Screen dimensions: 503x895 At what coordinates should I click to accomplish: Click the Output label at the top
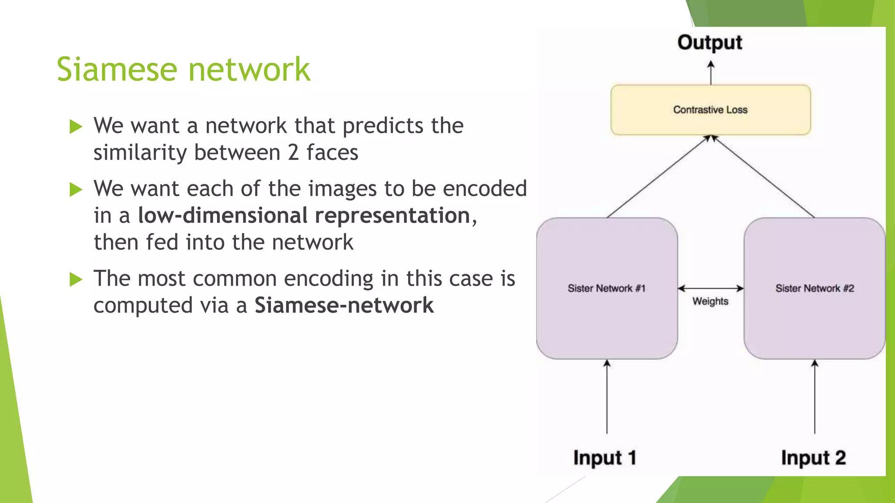point(710,43)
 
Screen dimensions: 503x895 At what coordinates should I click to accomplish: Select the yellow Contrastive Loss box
point(711,110)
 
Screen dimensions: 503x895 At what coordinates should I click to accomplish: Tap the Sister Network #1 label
point(607,288)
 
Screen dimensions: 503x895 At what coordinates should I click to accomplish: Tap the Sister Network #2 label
point(815,288)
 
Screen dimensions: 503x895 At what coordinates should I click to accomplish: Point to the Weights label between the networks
point(710,301)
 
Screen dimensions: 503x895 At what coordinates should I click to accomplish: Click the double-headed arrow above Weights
point(711,288)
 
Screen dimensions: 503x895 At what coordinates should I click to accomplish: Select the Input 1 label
point(605,458)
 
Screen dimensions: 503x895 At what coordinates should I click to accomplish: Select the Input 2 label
point(813,458)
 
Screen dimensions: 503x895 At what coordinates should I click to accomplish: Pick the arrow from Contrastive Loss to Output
point(711,73)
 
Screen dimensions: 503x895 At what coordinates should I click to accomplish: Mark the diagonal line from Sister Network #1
point(658,177)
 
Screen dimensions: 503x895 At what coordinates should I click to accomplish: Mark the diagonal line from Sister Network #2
point(764,177)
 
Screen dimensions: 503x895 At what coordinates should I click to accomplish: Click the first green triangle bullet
point(76,127)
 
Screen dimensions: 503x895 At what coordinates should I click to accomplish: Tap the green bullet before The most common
point(76,279)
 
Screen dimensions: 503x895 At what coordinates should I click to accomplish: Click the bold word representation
point(392,216)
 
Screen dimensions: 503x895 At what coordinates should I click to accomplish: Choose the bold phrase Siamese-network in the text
point(344,305)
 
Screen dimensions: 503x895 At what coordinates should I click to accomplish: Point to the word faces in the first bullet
point(332,153)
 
